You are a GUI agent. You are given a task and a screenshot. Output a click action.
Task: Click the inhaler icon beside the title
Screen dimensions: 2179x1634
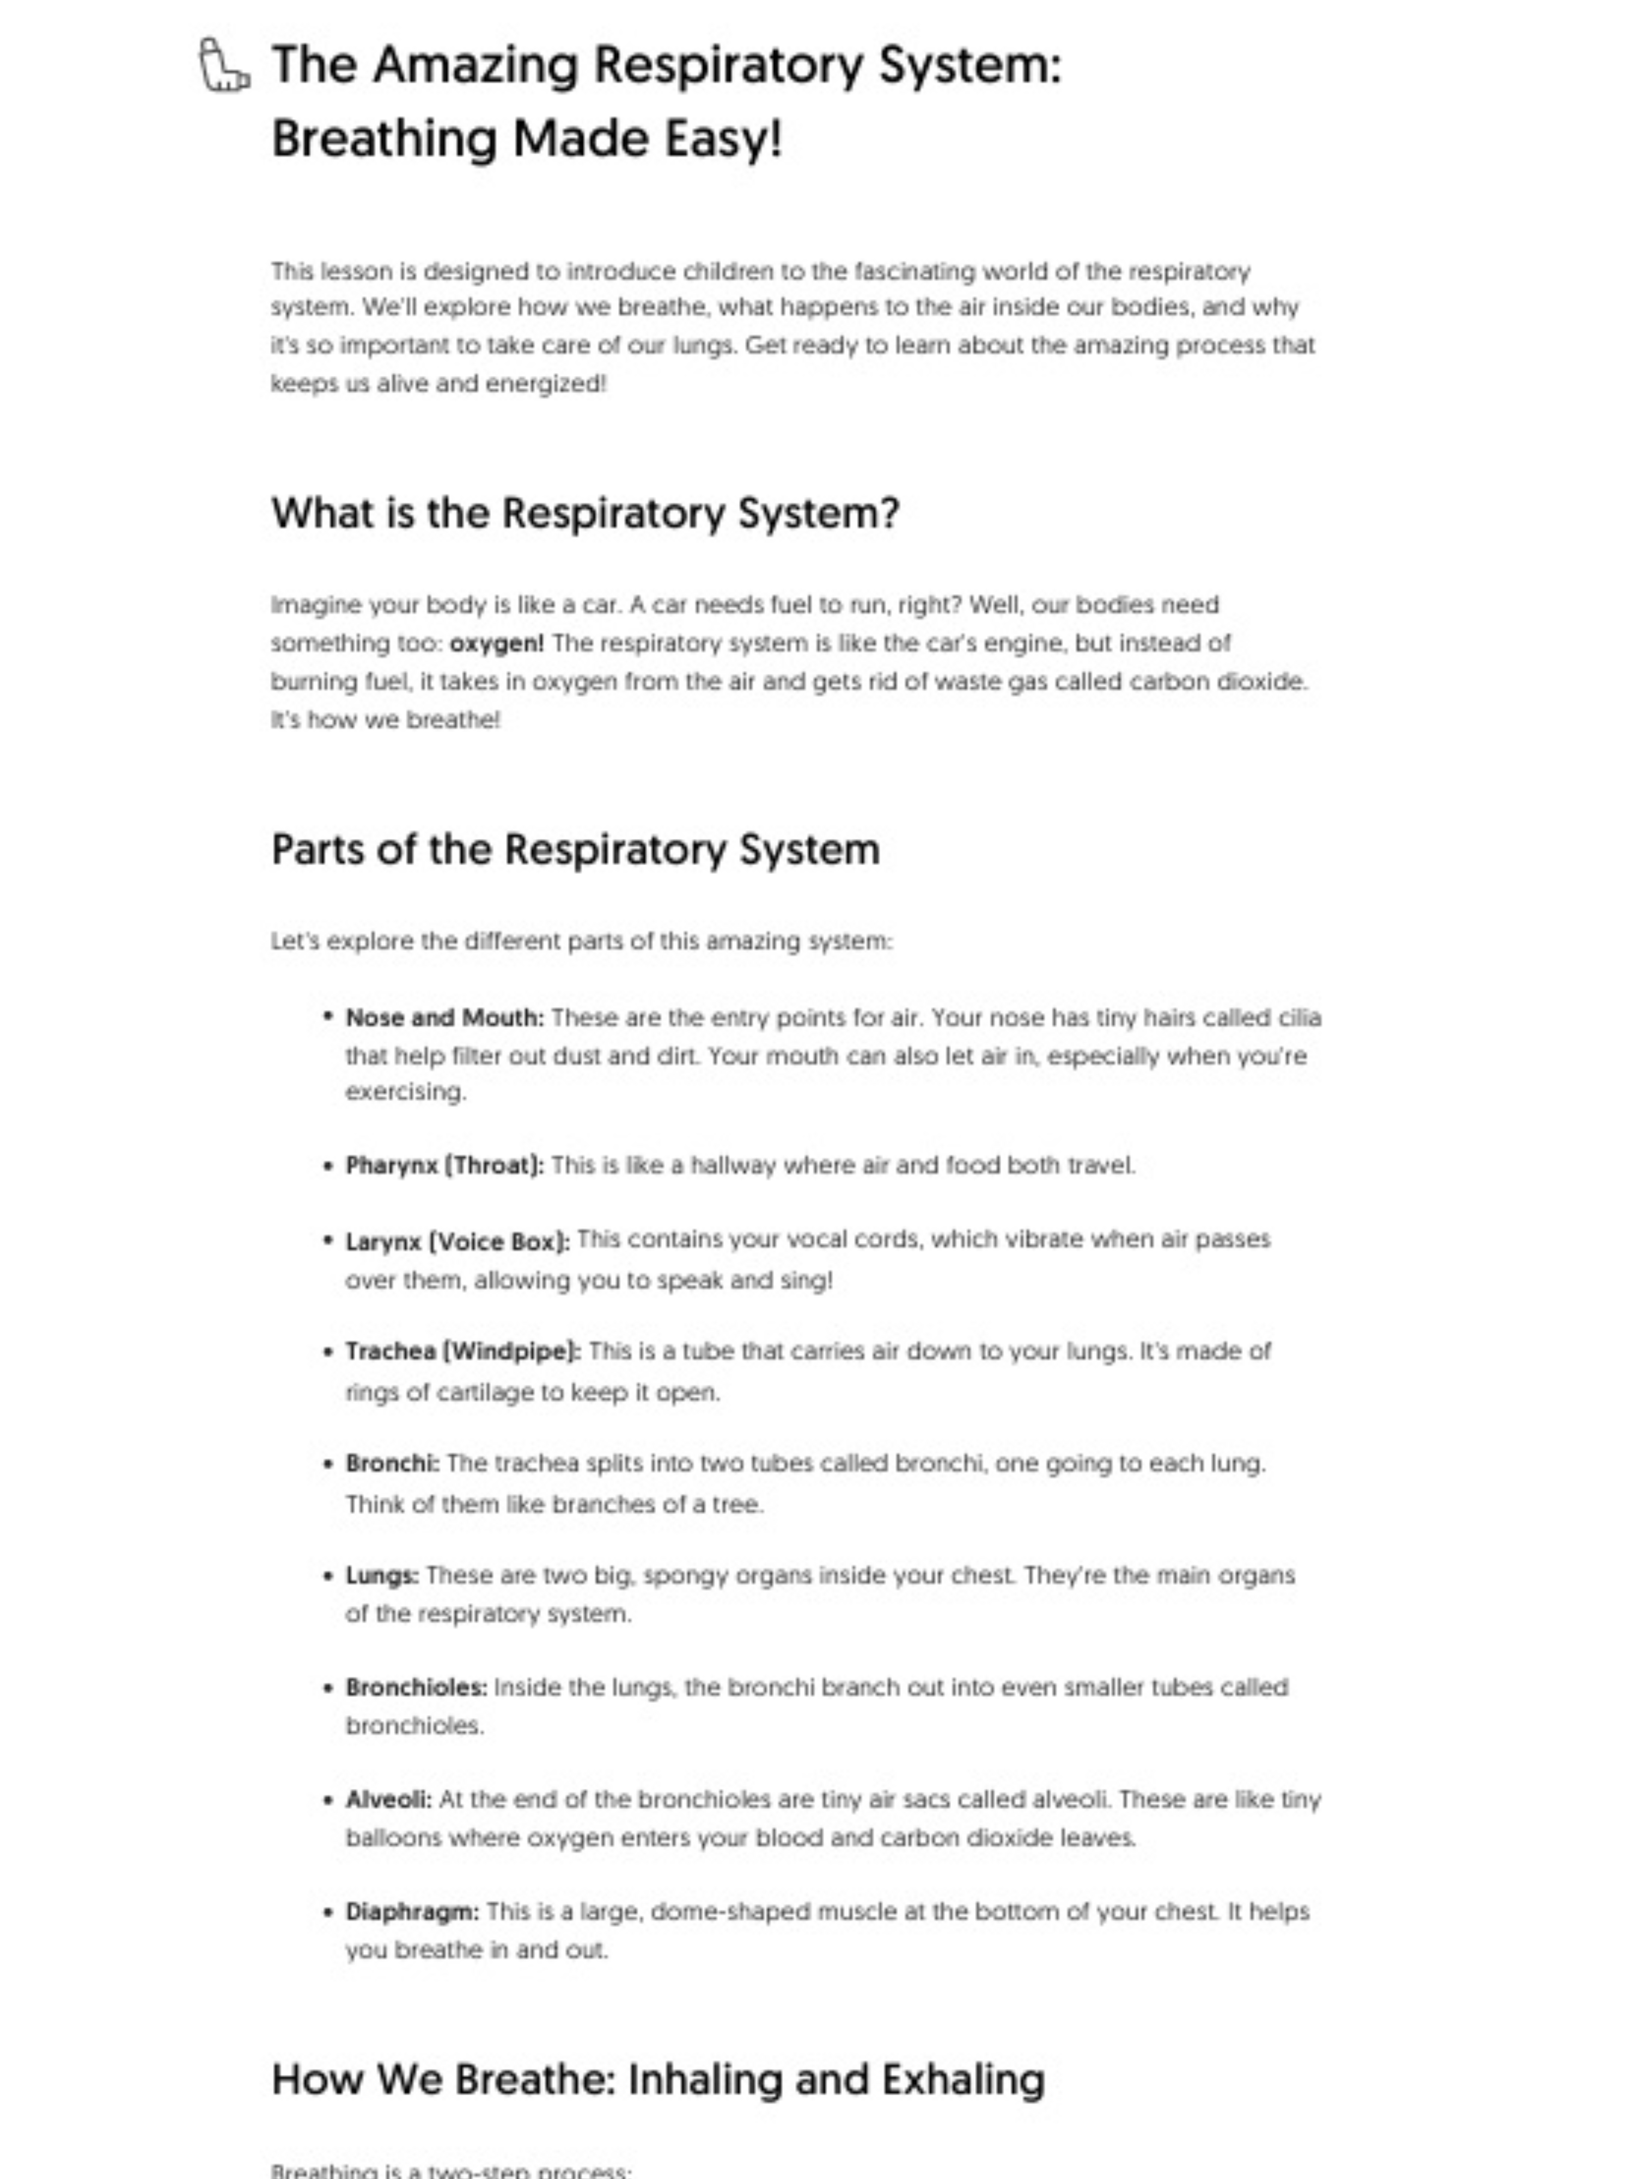tap(223, 66)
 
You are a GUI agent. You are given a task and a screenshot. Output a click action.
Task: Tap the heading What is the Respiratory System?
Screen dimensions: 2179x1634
tap(584, 513)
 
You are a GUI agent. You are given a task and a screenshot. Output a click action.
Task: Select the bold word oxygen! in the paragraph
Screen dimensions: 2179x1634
tap(496, 643)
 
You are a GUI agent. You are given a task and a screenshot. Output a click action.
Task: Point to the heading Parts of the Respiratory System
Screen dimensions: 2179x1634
tap(575, 849)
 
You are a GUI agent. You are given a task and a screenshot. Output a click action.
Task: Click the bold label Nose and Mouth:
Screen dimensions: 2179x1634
tap(444, 1018)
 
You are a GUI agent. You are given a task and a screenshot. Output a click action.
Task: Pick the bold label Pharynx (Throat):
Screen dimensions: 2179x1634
tap(444, 1165)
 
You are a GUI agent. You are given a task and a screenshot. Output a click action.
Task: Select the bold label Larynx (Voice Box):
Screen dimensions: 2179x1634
tap(457, 1241)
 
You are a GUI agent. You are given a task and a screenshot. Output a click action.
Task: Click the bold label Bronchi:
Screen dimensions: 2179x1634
tap(392, 1464)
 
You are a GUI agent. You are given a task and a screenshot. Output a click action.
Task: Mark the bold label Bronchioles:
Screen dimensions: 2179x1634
tap(416, 1688)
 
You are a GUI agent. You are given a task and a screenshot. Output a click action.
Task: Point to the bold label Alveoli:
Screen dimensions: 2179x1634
tap(388, 1800)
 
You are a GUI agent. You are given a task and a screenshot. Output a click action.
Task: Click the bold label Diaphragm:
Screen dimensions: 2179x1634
tap(412, 1912)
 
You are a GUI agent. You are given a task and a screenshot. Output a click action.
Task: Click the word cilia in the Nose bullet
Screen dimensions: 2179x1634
tap(1299, 1018)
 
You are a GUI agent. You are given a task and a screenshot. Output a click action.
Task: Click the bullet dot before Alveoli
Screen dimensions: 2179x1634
tap(328, 1800)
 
